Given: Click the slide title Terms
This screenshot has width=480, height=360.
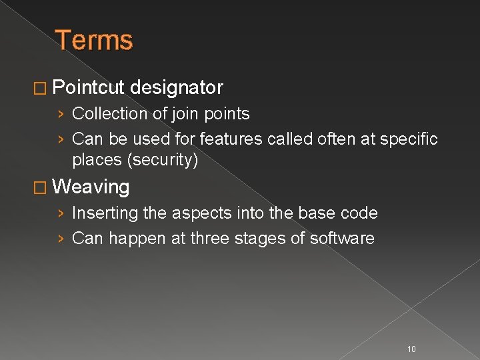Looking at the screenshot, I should [94, 40].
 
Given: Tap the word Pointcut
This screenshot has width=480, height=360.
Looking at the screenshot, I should [88, 87].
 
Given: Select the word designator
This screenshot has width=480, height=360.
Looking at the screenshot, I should [177, 87].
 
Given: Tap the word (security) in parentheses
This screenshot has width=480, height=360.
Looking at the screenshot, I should [163, 161].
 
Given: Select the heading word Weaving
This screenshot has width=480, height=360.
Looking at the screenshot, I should [91, 187].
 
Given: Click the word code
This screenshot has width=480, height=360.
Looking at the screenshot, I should [359, 213].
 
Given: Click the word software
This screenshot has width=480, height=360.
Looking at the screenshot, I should [342, 239].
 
